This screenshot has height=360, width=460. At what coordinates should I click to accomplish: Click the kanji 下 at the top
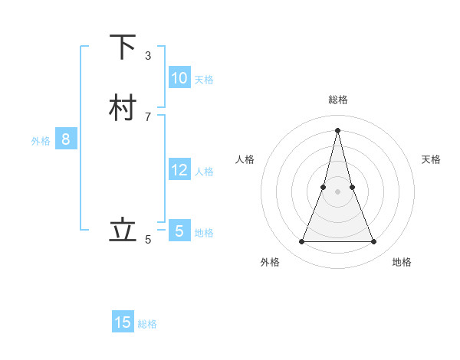tap(122, 47)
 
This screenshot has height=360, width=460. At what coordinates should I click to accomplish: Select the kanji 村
tap(122, 108)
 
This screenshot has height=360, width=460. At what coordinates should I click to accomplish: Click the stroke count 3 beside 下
tap(148, 56)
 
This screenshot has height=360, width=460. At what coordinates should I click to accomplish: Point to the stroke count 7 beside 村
tap(148, 116)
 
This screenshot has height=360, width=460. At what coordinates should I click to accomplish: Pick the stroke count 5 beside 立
tap(148, 240)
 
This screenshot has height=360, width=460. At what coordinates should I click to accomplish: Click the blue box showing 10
tap(179, 77)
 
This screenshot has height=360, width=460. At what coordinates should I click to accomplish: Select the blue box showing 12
tap(179, 169)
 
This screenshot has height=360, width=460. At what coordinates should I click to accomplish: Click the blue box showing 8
tap(66, 139)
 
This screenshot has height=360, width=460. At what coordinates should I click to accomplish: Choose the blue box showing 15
tap(123, 322)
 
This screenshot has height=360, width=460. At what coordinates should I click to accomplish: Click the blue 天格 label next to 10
tap(204, 80)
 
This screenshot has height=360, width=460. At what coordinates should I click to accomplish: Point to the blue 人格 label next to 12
tap(205, 172)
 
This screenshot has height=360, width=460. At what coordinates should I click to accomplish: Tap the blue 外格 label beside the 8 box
tap(41, 141)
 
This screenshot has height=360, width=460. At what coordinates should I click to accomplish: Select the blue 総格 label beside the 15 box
tap(147, 324)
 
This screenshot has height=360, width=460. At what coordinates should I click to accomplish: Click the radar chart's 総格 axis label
tap(337, 100)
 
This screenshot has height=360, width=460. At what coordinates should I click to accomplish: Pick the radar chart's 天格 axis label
tap(432, 159)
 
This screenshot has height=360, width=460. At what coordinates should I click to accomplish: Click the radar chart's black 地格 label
tap(402, 262)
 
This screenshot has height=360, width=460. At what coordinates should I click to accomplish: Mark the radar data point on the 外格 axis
tap(301, 242)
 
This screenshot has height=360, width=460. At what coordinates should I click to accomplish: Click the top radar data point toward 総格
tap(337, 129)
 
